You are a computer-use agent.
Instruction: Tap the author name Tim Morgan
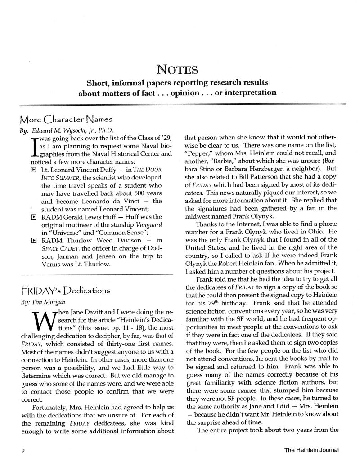(x=43, y=302)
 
